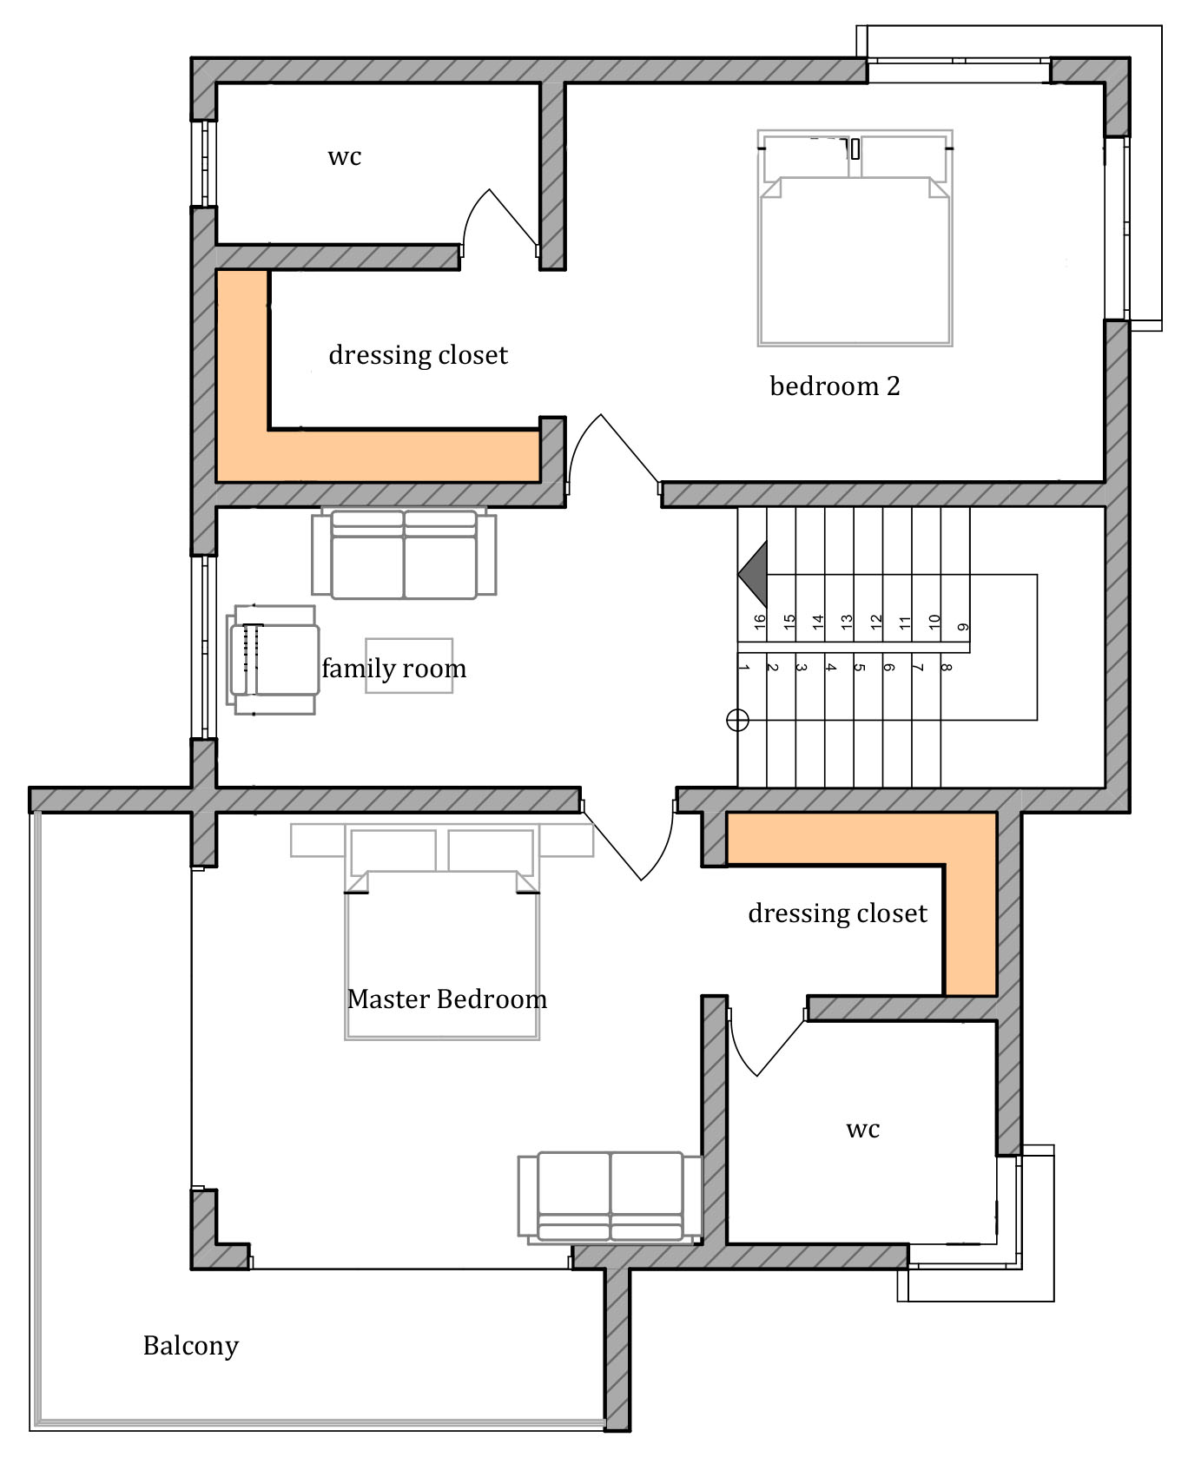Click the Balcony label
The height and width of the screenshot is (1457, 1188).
[190, 1346]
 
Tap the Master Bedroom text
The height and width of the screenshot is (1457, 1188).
[447, 999]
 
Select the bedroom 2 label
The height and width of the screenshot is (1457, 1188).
[835, 386]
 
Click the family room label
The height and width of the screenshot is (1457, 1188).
[394, 668]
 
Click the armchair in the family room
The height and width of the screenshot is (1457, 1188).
[273, 660]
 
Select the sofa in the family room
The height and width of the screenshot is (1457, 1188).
[404, 553]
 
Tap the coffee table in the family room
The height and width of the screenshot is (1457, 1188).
[409, 665]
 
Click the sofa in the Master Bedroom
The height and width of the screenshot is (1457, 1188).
[610, 1197]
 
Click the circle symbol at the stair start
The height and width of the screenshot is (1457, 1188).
[737, 720]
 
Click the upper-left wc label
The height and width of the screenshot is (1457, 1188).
[344, 157]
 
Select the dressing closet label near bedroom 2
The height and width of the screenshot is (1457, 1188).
[418, 355]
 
